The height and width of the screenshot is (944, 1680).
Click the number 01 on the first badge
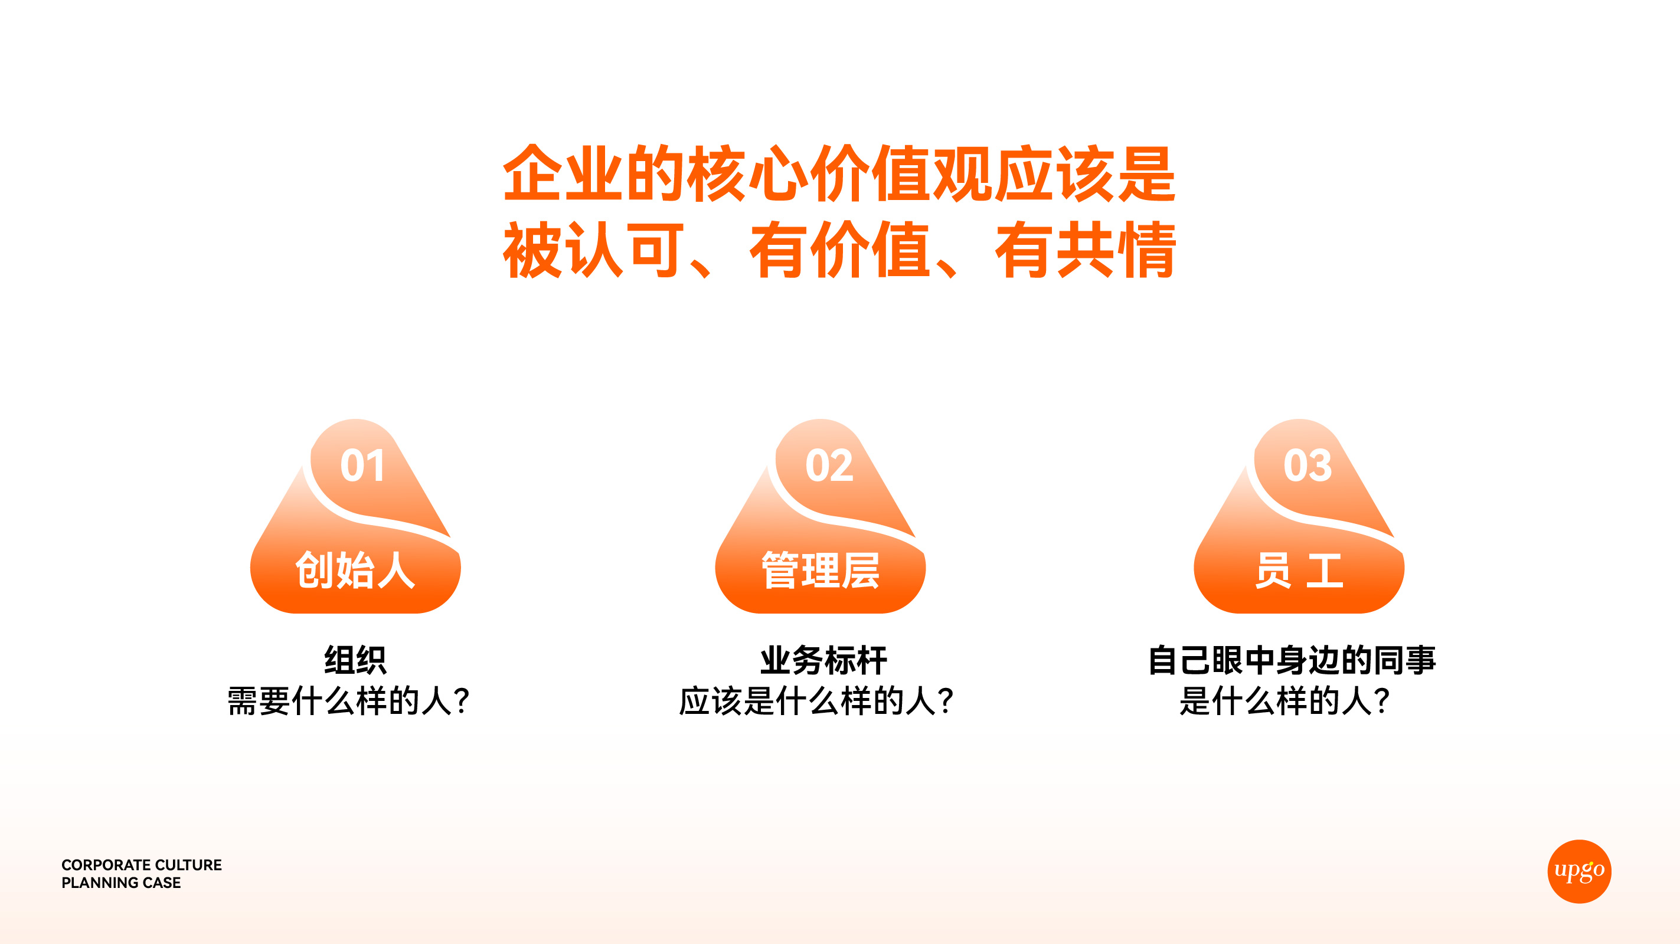click(362, 466)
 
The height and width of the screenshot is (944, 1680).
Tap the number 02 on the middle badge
click(829, 466)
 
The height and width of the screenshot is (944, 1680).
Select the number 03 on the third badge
click(1307, 466)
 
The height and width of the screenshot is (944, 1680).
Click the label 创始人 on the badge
click(355, 570)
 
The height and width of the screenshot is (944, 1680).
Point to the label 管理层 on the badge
click(821, 570)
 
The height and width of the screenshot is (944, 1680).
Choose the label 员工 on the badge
click(1299, 570)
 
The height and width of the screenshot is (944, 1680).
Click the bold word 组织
click(355, 660)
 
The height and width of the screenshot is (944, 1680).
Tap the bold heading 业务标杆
click(823, 660)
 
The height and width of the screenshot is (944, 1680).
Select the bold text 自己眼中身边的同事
click(1292, 660)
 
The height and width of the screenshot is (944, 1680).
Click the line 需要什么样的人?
click(349, 702)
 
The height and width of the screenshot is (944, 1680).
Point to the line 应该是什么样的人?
click(816, 702)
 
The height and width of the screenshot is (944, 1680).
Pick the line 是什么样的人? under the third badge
click(1284, 702)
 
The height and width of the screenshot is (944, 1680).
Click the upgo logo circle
click(1579, 871)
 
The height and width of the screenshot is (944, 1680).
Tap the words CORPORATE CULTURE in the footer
click(142, 864)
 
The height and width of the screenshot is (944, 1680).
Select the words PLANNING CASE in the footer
click(121, 883)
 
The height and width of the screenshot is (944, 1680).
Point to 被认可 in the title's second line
click(594, 250)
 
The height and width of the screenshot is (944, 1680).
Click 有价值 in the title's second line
click(840, 250)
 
